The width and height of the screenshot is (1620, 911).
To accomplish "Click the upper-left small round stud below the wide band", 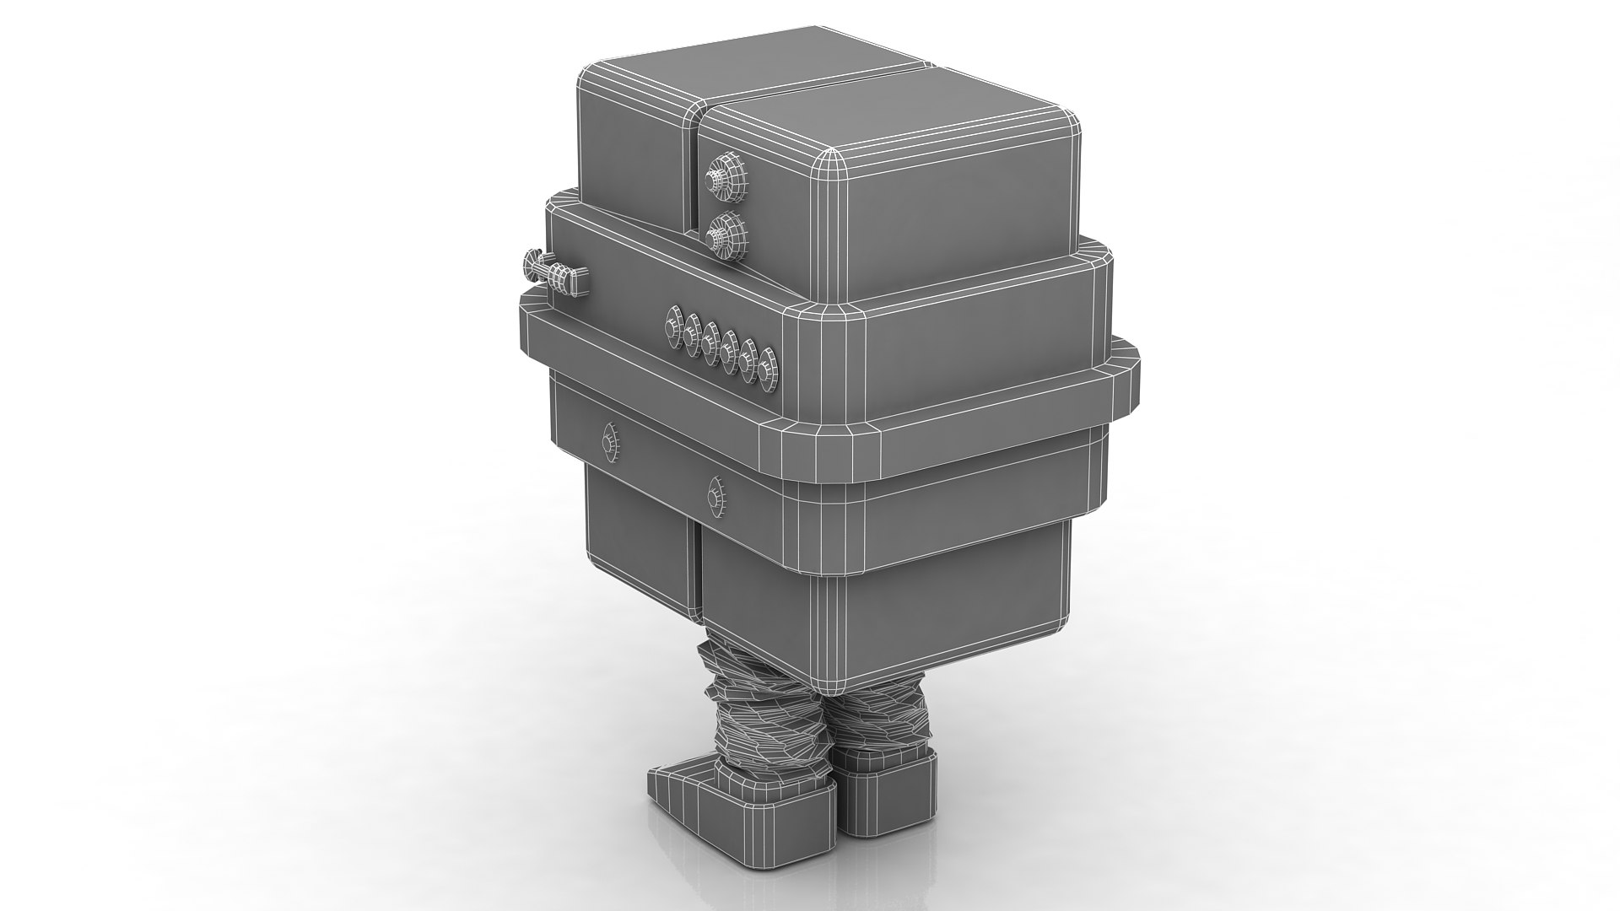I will pos(609,442).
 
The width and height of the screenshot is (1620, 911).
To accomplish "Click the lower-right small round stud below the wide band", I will pos(715,493).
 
